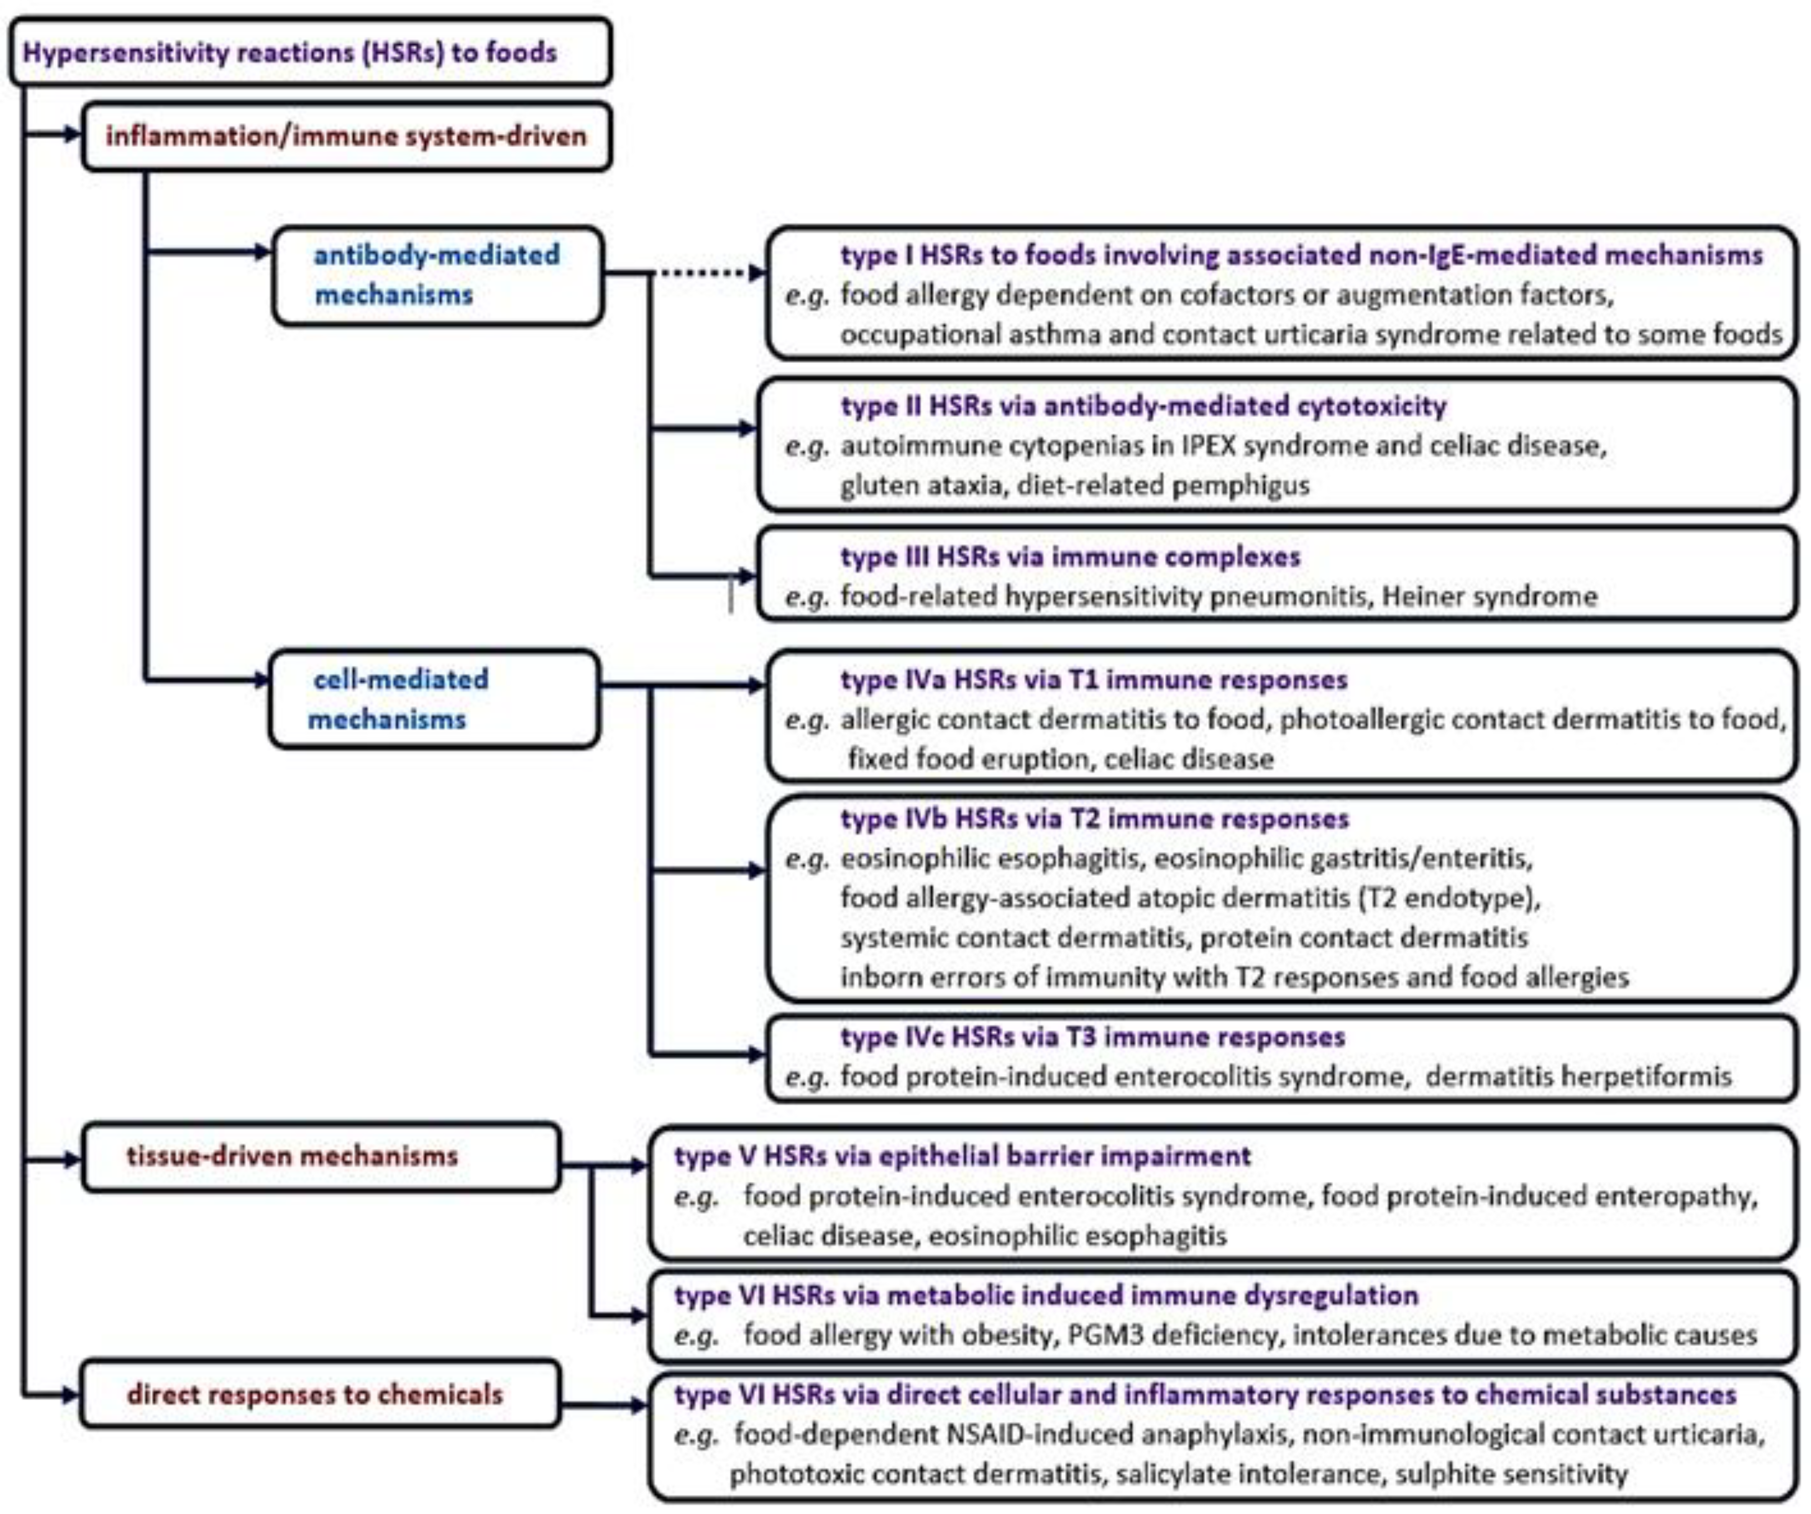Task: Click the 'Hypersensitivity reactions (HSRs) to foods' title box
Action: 310,52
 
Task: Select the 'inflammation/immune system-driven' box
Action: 347,136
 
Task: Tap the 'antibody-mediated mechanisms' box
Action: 437,275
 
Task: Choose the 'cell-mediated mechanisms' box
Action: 434,699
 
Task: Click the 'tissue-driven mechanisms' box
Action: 321,1156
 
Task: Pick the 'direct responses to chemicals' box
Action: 319,1394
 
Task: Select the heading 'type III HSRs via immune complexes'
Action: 1070,557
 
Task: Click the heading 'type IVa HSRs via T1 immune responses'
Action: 1093,680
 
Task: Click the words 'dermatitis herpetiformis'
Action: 1578,1077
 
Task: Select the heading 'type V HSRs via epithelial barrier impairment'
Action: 962,1156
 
